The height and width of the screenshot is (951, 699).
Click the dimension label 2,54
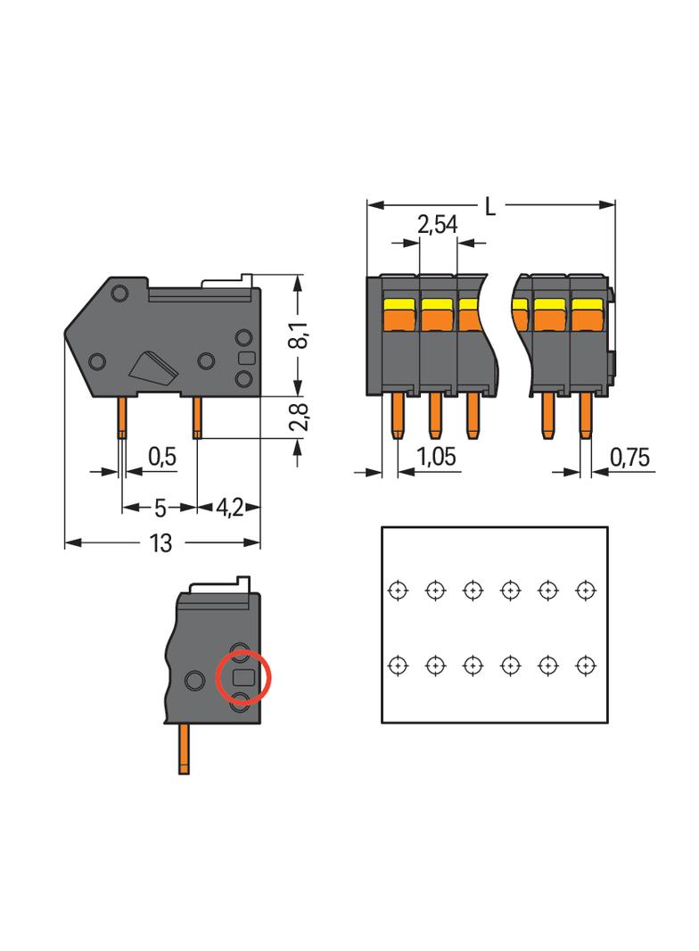[x=437, y=224]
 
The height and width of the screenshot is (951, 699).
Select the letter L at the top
[x=490, y=206]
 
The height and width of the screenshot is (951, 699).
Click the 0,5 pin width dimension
[x=161, y=458]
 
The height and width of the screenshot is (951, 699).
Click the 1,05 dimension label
[x=437, y=458]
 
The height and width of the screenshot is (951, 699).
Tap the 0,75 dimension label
[x=629, y=458]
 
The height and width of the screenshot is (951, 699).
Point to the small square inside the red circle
[x=242, y=678]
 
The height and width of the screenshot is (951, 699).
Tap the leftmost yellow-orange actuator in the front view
[x=399, y=313]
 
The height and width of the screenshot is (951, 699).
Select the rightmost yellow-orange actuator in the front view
[x=587, y=313]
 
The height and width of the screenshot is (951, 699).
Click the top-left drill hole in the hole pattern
[x=398, y=589]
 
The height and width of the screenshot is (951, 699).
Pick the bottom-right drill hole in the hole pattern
[x=585, y=665]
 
